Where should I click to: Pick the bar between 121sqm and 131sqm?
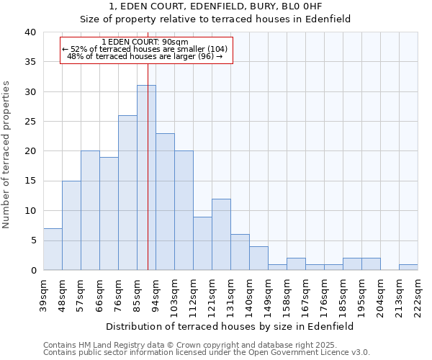[221, 235]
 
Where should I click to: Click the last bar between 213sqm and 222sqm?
[408, 267]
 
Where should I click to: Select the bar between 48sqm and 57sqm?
[71, 225]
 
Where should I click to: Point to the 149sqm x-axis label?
[268, 294]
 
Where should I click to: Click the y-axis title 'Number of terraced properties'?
[7, 155]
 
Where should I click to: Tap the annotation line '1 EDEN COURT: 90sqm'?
[145, 42]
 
